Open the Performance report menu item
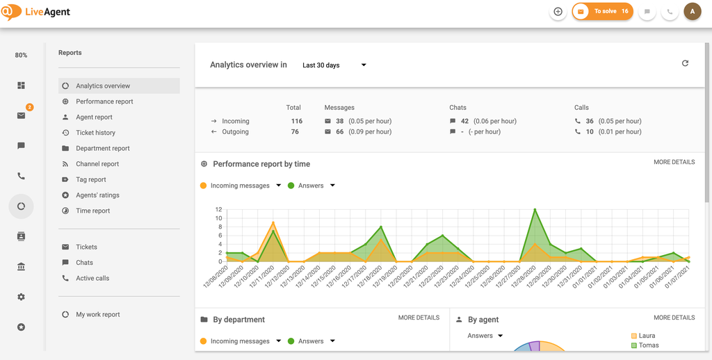(104, 101)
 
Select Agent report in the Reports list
(94, 117)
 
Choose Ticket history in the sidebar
(95, 133)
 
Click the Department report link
(103, 149)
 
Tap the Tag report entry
(91, 179)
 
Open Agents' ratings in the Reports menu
(97, 195)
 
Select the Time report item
(93, 211)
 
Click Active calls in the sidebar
(92, 278)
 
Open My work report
(98, 315)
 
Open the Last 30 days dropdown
(334, 65)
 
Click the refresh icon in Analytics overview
(685, 63)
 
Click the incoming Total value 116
(297, 121)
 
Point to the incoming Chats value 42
(464, 121)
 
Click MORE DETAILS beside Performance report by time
(674, 163)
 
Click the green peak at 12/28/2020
(535, 209)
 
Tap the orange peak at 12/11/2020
(273, 223)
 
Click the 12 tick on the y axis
(218, 209)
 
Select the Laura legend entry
(647, 336)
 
